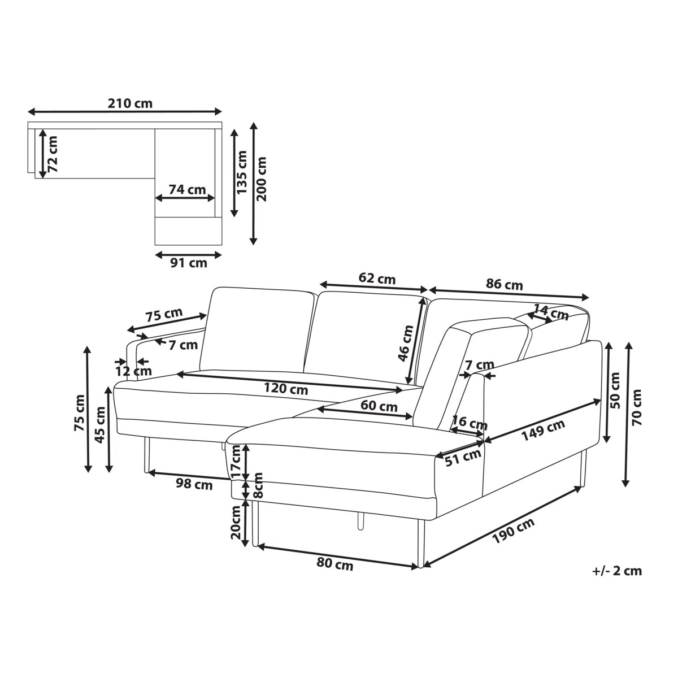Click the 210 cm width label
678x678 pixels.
(x=130, y=103)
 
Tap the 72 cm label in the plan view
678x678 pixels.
(x=53, y=154)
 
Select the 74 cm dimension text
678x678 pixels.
(x=187, y=190)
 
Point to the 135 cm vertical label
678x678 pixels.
(x=242, y=172)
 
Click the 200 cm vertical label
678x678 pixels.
(x=262, y=179)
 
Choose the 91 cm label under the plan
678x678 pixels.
(x=189, y=263)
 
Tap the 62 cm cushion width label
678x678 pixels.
(x=377, y=279)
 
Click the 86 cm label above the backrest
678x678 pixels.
(x=505, y=284)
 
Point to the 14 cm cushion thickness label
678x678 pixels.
(x=551, y=312)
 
